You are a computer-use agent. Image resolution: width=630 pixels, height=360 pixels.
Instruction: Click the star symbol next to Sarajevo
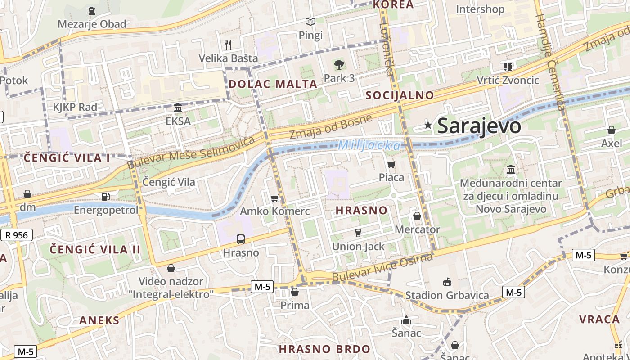[x=428, y=126]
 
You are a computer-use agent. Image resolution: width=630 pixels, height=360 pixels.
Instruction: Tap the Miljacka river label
[x=369, y=146]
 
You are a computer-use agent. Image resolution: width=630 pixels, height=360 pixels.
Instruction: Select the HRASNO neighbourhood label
[x=361, y=210]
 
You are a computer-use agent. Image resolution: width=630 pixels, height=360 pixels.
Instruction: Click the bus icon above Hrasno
[x=241, y=239]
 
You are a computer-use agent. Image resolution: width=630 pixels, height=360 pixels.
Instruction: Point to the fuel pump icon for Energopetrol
[x=106, y=196]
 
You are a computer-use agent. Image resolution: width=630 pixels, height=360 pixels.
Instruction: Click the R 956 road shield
[x=17, y=235]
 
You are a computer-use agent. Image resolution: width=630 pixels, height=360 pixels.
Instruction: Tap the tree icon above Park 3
[x=339, y=65]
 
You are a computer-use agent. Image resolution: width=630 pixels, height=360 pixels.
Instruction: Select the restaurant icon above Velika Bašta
[x=228, y=45]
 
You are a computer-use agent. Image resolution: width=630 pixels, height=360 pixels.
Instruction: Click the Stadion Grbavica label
[x=447, y=295]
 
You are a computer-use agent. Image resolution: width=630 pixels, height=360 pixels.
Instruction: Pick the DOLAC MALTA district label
[x=273, y=84]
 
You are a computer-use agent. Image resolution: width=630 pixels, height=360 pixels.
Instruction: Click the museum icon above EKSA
[x=178, y=108]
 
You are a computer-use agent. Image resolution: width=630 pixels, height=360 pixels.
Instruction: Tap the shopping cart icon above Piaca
[x=391, y=165]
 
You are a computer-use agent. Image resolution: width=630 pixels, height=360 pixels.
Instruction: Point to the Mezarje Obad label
[x=92, y=24]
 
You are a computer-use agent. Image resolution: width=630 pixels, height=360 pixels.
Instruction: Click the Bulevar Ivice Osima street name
[x=382, y=267]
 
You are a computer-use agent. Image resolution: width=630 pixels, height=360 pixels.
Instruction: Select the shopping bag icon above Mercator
[x=417, y=216]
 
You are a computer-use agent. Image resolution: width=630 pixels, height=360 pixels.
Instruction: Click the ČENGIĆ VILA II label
[x=95, y=249]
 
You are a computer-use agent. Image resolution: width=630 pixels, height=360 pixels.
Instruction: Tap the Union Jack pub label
[x=358, y=246]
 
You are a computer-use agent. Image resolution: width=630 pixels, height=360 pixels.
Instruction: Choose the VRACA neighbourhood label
[x=599, y=319]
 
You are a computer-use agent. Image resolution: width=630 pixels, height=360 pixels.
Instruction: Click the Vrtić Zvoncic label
[x=508, y=80]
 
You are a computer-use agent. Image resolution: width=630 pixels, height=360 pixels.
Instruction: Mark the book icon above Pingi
[x=310, y=22]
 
